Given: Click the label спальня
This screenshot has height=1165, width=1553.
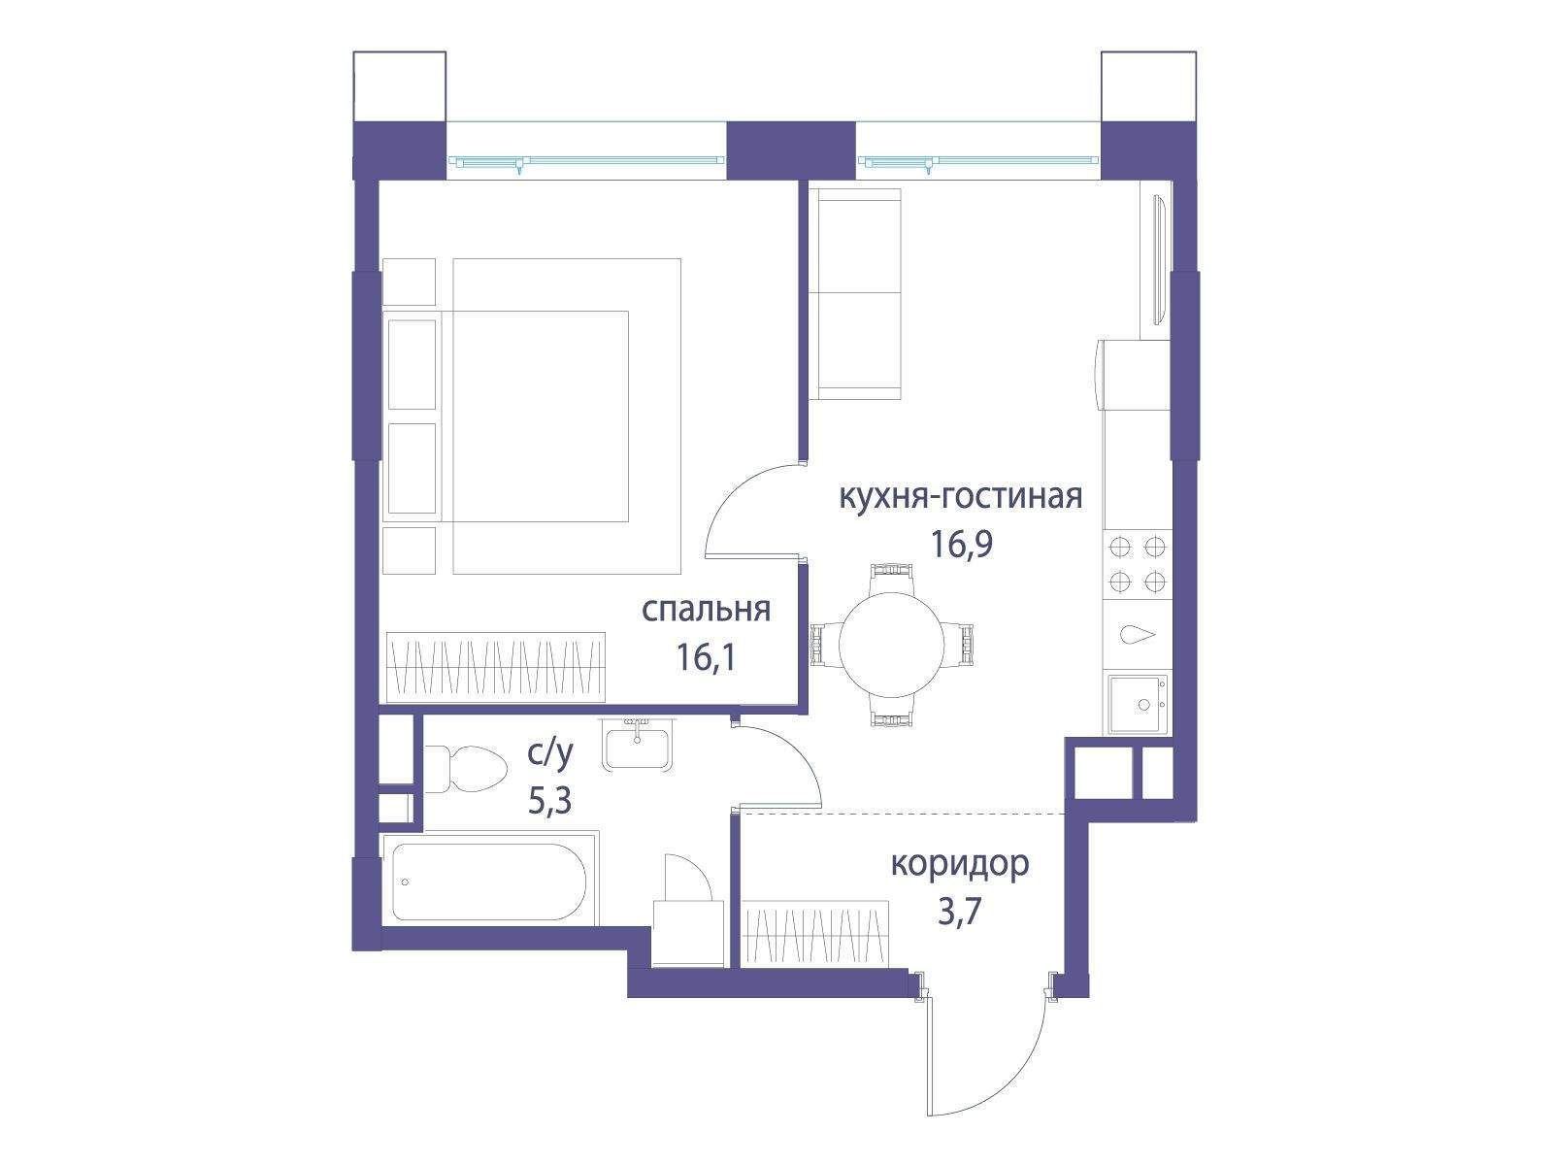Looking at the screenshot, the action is coord(706,610).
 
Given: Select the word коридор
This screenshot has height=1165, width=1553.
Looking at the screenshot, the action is coord(959,864).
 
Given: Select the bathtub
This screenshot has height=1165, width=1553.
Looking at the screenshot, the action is coord(489,882).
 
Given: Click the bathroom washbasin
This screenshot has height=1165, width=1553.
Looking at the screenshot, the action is coord(638,745).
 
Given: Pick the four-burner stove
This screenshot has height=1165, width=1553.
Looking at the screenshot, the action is coord(1137,564).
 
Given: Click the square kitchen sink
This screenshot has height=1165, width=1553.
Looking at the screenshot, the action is coord(1137,704).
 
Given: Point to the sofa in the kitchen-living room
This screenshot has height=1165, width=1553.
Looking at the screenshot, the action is coord(856,293).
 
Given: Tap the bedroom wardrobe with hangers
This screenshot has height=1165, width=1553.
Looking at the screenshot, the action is coord(495,667).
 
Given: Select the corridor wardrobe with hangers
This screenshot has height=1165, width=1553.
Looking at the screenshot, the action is coord(814,933).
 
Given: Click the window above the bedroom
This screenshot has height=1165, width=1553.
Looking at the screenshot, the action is coord(587,162).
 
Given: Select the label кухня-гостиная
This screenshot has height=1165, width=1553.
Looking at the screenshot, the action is coord(960,496).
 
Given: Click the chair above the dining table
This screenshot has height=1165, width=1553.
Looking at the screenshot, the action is coord(890,577).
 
